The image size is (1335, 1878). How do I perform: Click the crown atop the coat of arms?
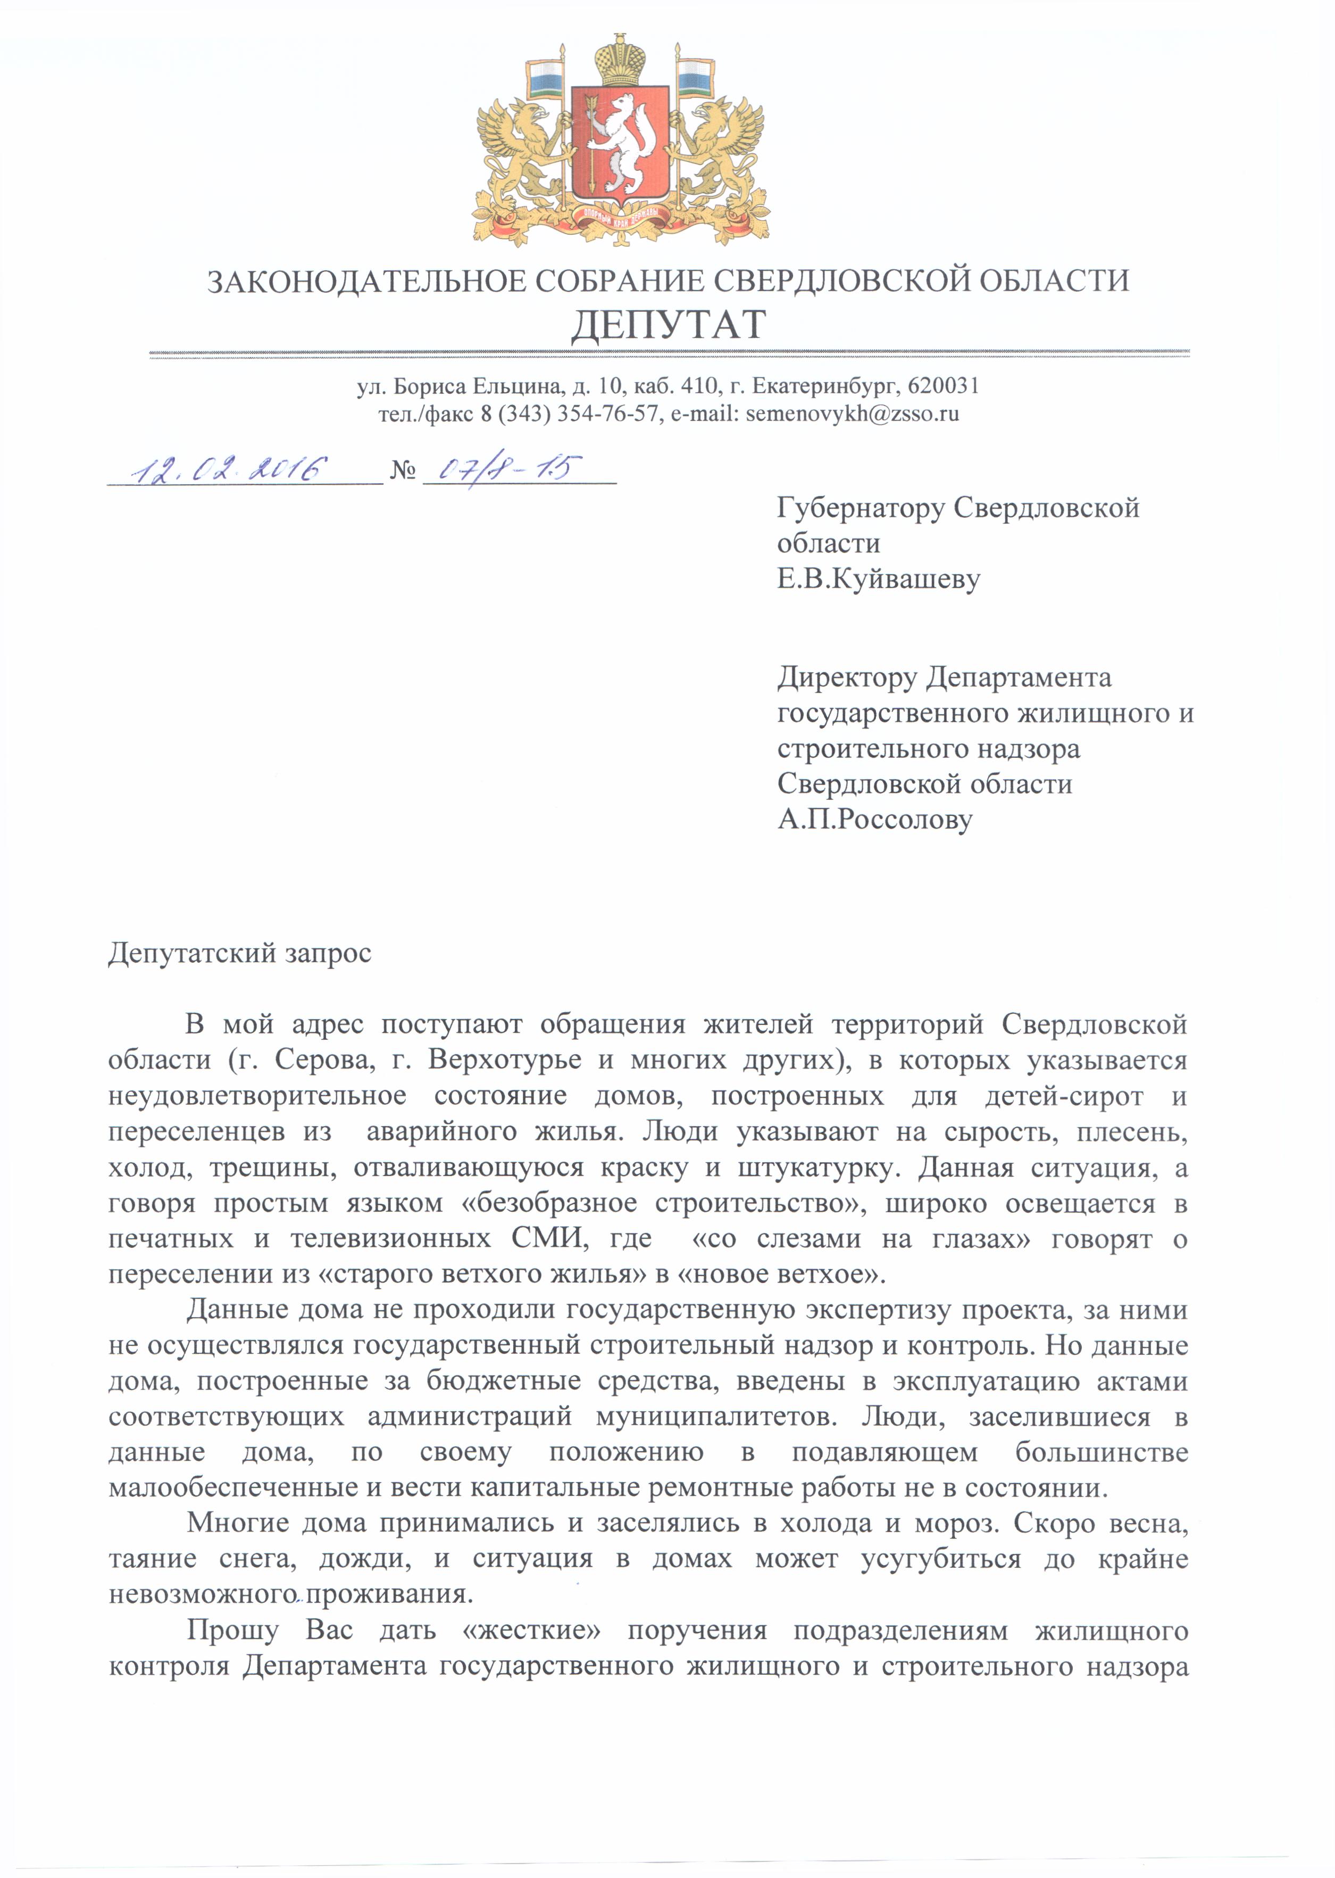[621, 59]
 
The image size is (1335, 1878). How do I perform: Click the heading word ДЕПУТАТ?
[667, 325]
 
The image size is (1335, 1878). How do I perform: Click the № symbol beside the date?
[402, 470]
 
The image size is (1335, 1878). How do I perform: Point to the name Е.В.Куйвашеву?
[878, 579]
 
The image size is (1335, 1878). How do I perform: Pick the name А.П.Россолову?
[874, 819]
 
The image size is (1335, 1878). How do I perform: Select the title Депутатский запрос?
[240, 953]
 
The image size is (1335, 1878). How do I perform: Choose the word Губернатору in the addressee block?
[860, 508]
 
